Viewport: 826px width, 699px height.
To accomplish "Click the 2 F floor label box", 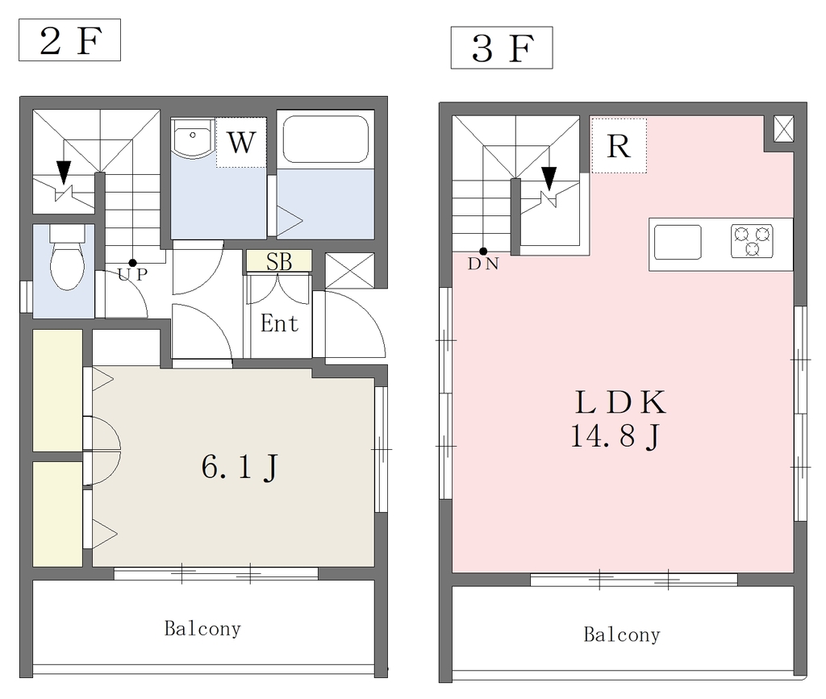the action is [69, 40].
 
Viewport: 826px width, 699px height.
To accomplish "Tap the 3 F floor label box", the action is [502, 48].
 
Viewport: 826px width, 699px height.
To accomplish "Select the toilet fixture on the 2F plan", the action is [67, 257].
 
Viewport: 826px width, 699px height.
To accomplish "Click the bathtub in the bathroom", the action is [325, 139].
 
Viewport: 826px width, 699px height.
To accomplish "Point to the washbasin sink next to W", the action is [193, 138].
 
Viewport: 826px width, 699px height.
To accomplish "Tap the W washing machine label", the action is [241, 142].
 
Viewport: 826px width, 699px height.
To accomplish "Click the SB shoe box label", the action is [278, 261].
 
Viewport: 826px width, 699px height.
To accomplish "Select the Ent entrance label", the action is [279, 323].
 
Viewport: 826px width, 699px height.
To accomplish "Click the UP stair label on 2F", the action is [132, 274].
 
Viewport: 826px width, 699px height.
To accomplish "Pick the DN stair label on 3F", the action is [483, 263].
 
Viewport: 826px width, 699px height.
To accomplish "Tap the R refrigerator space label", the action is [619, 146].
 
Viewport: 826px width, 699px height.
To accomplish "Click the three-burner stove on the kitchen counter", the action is [753, 241].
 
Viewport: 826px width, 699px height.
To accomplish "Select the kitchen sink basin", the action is [678, 242].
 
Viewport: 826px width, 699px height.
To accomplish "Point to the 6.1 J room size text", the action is [240, 467].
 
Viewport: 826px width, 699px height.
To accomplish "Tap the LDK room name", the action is [620, 402].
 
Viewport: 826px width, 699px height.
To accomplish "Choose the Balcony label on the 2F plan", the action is [202, 629].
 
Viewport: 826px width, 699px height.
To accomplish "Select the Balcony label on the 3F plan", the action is [622, 635].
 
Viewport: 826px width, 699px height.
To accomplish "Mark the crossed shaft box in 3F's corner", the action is [783, 129].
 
